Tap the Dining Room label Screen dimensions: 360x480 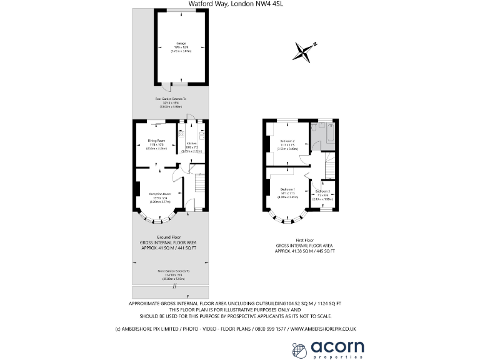coord(156,141)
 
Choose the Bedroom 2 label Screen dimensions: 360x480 coord(287,141)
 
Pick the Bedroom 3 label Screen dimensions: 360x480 coord(322,191)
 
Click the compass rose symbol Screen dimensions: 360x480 coord(305,51)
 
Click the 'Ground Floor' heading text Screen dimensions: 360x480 coord(169,237)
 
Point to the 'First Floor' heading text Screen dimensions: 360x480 coord(304,240)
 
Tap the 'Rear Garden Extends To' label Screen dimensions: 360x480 coord(171,99)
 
